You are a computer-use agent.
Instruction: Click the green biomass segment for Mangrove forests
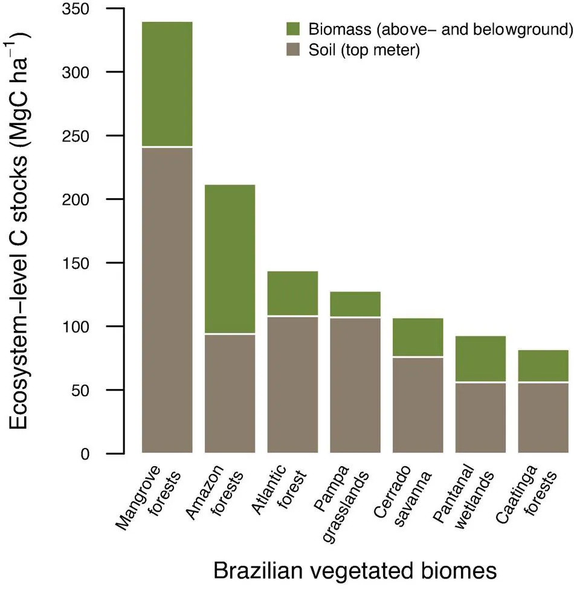coord(167,84)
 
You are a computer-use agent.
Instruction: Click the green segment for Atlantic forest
coord(292,293)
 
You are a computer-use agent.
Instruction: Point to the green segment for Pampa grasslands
coord(355,304)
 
